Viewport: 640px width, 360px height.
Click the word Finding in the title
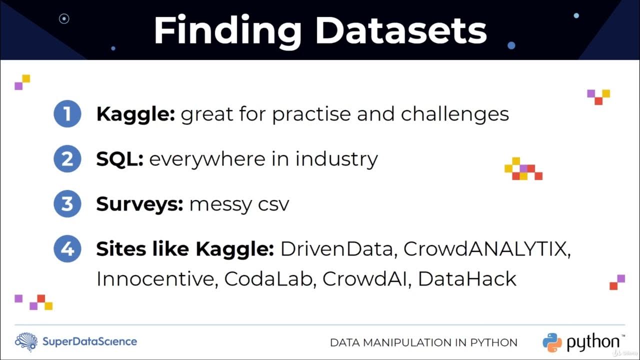tap(227, 31)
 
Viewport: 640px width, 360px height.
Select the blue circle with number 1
tap(67, 114)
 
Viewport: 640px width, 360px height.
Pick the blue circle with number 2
tap(67, 158)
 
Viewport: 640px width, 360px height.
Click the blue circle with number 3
tap(67, 203)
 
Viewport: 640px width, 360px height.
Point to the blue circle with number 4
tap(67, 248)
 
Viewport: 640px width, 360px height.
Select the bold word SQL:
tap(120, 159)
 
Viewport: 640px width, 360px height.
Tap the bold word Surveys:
tap(139, 204)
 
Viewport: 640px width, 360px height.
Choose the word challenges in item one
tap(455, 114)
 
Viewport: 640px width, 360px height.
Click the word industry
tap(336, 159)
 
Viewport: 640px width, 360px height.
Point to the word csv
tap(273, 204)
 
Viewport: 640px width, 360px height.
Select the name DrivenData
tap(338, 249)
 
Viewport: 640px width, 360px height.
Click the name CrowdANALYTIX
tap(487, 249)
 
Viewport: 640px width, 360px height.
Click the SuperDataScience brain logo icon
tap(26, 342)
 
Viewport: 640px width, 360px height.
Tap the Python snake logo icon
tap(552, 342)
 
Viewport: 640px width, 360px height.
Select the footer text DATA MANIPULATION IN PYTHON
tap(423, 343)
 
